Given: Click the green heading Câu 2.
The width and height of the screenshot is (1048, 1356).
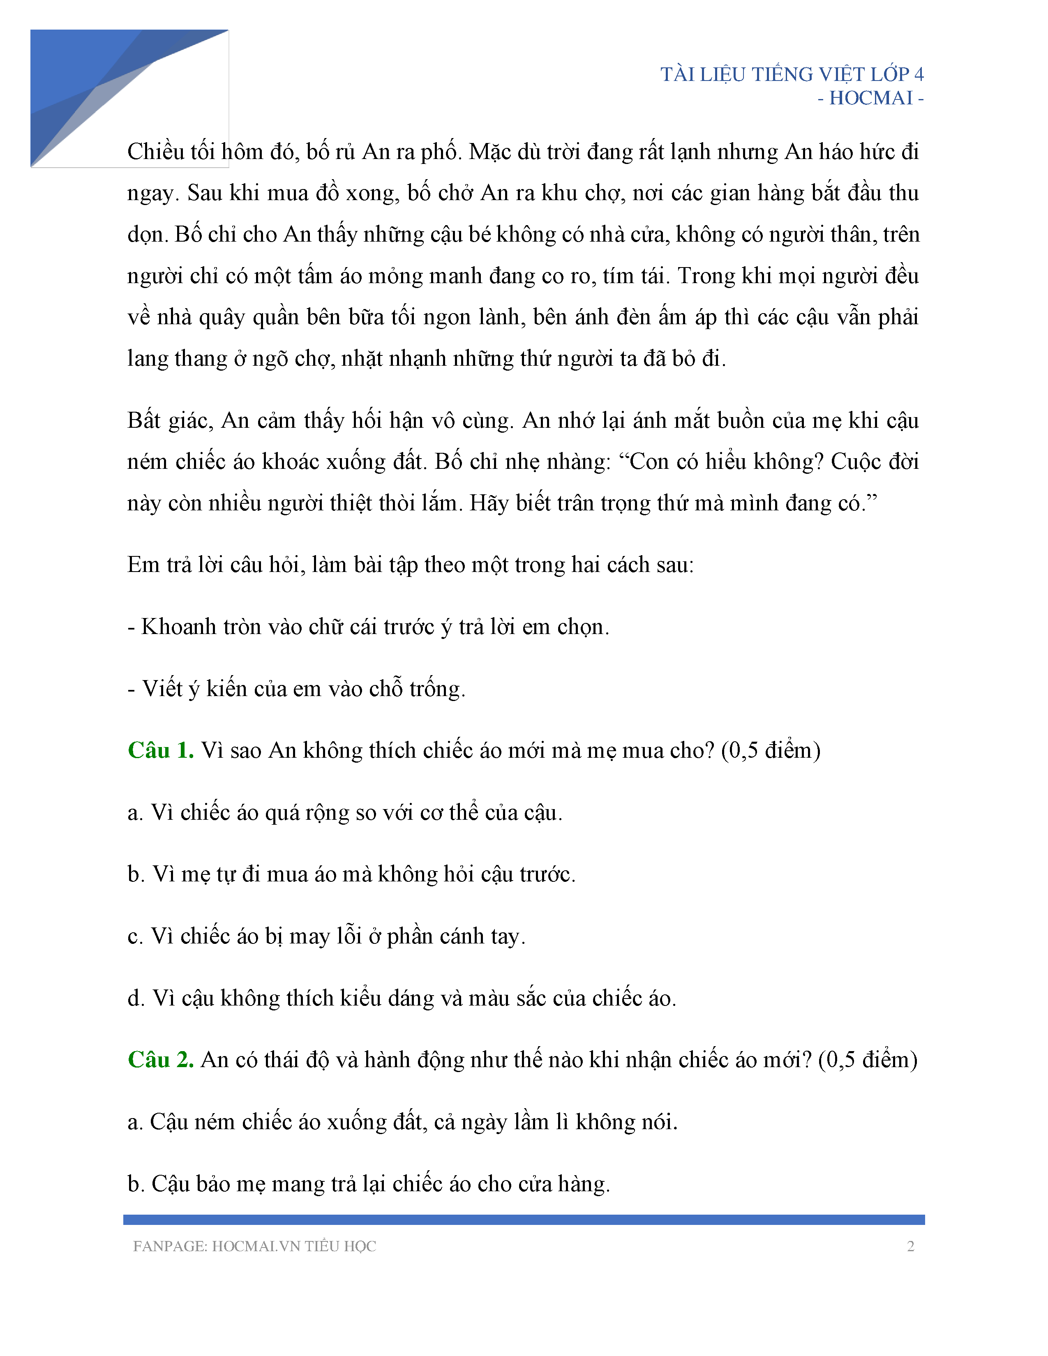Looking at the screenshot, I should point(160,1059).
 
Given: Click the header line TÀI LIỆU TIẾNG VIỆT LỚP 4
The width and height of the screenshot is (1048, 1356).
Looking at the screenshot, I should point(792,74).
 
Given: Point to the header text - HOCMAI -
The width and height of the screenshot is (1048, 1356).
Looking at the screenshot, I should point(870,98).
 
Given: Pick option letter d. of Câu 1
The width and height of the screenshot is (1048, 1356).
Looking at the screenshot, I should point(135,998).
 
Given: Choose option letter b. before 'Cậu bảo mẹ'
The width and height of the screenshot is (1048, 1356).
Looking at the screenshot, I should point(135,1183).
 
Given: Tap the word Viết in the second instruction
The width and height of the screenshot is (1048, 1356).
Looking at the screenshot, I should point(162,689).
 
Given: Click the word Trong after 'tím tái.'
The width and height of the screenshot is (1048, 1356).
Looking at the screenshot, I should point(706,276).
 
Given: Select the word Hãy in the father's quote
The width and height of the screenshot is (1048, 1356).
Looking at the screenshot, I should point(489,503).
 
